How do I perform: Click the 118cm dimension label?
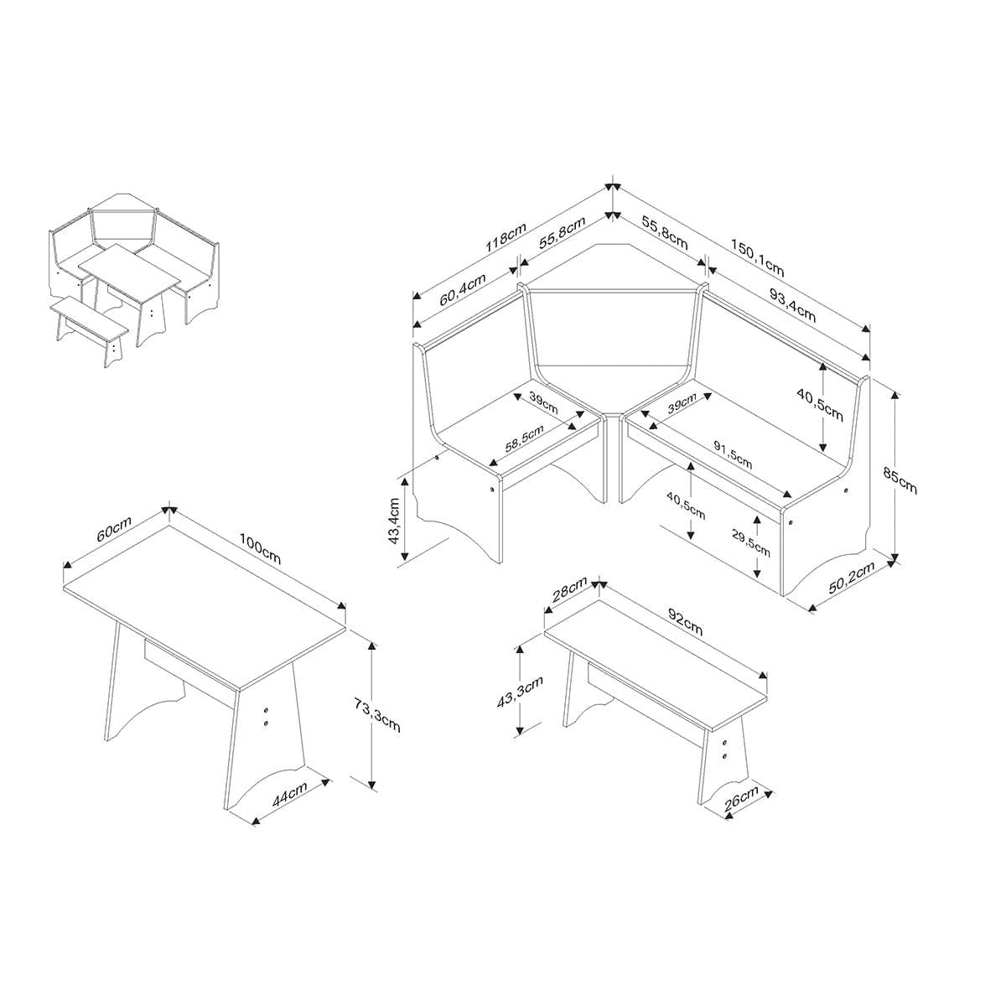coord(506,237)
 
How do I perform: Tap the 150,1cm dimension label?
coord(758,257)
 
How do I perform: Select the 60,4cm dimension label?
coord(463,289)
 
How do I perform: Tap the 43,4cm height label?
coord(395,521)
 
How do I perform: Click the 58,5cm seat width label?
coord(525,438)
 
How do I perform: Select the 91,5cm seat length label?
coord(733,454)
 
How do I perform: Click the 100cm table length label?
coord(260,548)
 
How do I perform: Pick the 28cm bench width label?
coord(569,589)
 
